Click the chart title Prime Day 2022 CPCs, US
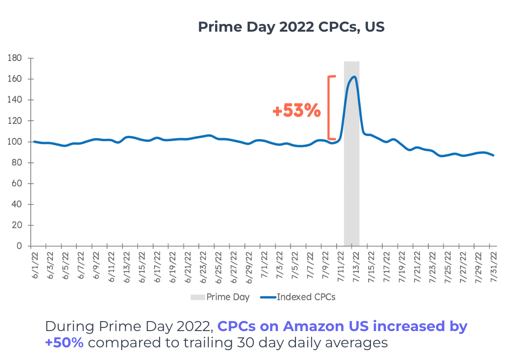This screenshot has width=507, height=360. coord(291,27)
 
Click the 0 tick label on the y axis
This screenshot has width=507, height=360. coord(19,246)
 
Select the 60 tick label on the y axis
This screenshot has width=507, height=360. coord(17,184)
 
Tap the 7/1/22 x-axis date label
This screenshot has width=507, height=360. coord(264,267)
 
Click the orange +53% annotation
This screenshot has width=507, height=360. coord(296,111)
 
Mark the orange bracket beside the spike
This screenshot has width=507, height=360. coord(331,108)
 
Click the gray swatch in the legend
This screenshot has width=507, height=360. coord(197,297)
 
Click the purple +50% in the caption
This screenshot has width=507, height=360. coord(64,342)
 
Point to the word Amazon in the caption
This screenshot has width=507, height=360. coord(309,326)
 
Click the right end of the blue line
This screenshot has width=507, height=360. coord(493,155)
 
